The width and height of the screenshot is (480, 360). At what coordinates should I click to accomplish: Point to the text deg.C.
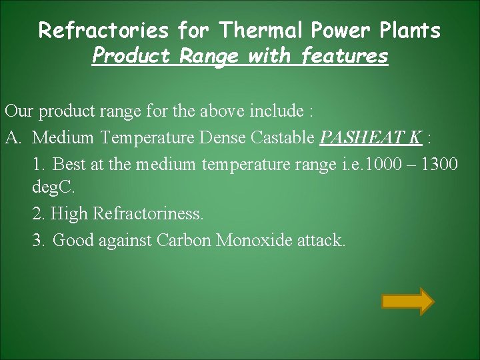54,189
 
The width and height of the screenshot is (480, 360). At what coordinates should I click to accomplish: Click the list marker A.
13,138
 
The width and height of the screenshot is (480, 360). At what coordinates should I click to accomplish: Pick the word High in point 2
71,214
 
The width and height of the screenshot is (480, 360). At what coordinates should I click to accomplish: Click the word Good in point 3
73,240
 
